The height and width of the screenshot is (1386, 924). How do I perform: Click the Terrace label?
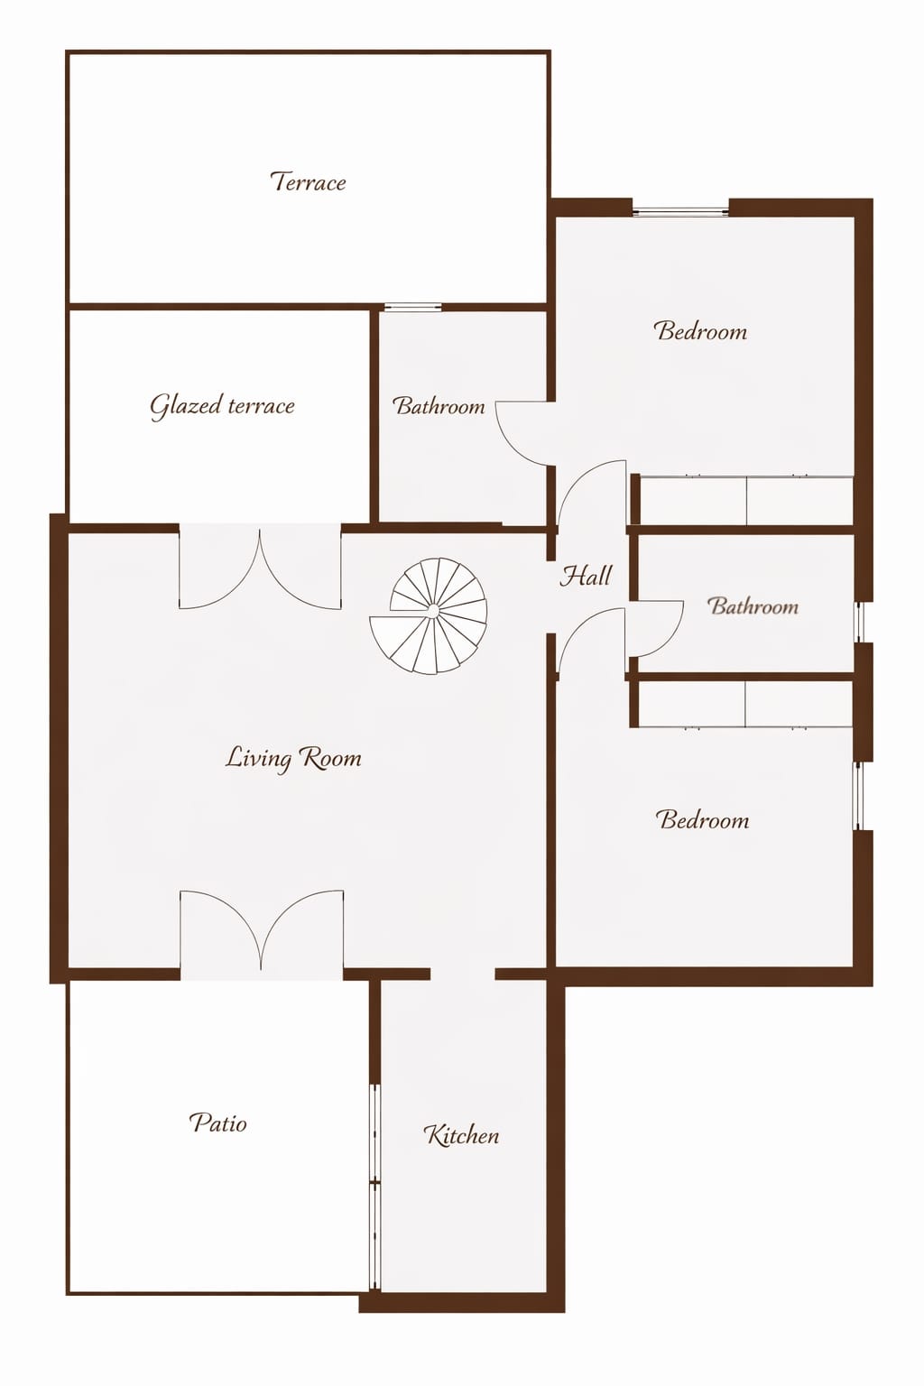[308, 182]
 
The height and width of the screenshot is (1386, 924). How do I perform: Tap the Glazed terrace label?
[222, 407]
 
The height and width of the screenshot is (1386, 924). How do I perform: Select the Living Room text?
[292, 758]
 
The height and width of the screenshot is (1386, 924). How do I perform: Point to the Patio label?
[217, 1123]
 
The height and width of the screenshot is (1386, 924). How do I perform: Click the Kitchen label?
[461, 1135]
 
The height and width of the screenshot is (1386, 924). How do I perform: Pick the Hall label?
[586, 576]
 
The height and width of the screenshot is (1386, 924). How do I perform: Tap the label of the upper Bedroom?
[700, 330]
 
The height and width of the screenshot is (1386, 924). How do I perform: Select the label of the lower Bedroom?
[702, 819]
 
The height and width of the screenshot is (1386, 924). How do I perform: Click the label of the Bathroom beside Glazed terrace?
[439, 406]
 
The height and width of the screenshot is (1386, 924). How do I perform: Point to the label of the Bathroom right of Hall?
[753, 605]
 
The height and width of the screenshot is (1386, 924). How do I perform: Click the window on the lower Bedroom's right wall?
[857, 796]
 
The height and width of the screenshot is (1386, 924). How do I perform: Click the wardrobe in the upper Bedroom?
[745, 500]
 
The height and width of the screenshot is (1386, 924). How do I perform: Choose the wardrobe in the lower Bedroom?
[745, 704]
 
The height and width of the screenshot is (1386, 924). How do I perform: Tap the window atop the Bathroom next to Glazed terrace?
[412, 307]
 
